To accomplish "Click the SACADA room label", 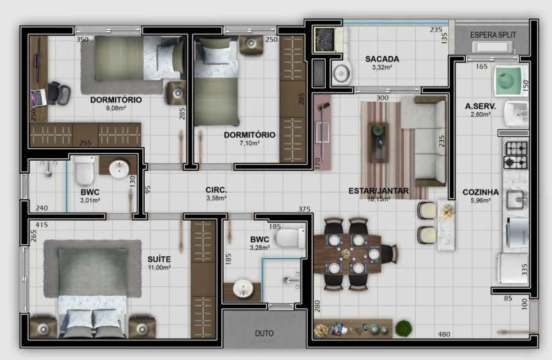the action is [382, 59].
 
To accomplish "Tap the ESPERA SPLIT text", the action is [493, 35].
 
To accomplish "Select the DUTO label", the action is [264, 333].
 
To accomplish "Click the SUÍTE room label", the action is [159, 259].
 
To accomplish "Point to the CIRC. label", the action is [216, 190].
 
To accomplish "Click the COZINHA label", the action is [480, 192].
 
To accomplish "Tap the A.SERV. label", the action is [480, 106].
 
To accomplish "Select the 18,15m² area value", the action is [378, 199].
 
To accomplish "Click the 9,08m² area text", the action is [116, 108].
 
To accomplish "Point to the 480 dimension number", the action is [444, 334].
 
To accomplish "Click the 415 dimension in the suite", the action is [42, 224].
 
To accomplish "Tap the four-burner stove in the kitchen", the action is [515, 155].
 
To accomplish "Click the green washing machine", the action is [508, 80].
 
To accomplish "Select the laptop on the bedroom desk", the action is [39, 98].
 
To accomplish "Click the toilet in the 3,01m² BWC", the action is [85, 170].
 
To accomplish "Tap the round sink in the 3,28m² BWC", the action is [243, 288].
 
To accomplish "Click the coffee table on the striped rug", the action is [378, 142].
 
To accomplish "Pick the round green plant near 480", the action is [404, 328].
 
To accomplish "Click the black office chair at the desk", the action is [58, 93].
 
